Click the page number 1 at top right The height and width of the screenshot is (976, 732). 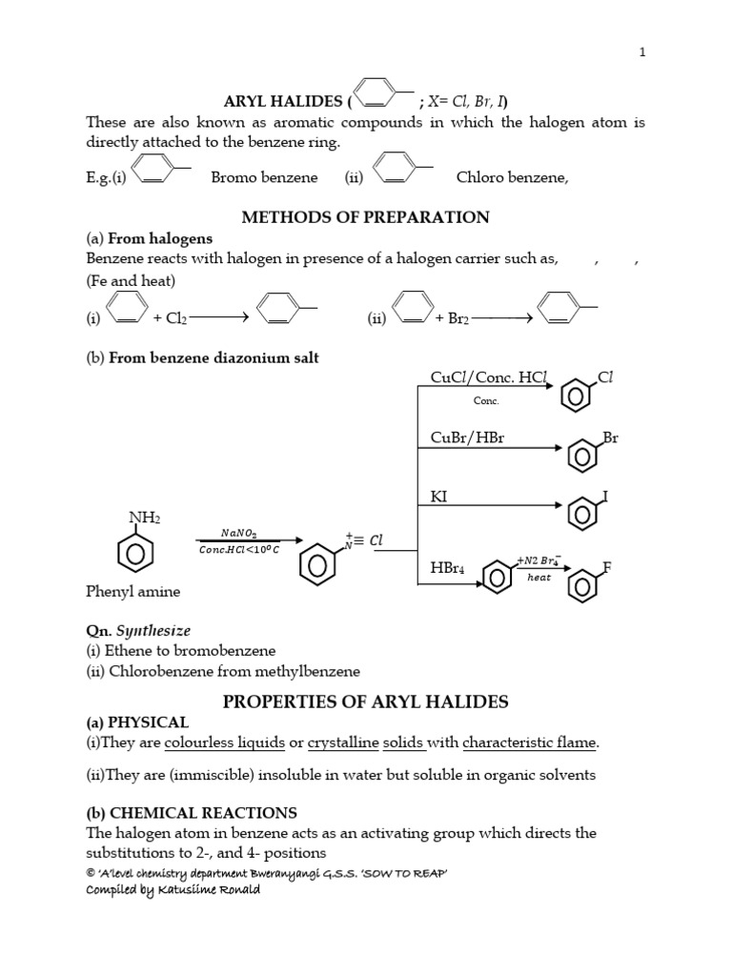click(642, 52)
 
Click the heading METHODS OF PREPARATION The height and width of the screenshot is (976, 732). click(365, 216)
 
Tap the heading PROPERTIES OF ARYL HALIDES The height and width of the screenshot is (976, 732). click(365, 701)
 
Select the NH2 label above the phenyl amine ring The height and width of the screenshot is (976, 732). click(145, 518)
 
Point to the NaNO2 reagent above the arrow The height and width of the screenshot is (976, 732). click(238, 535)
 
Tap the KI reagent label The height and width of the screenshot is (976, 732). click(439, 497)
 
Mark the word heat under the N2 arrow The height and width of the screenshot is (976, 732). click(539, 589)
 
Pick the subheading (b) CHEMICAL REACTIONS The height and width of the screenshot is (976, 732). click(192, 813)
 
